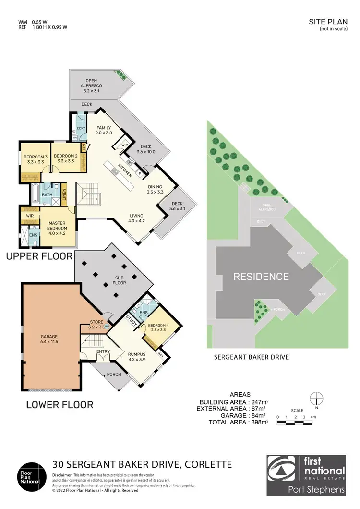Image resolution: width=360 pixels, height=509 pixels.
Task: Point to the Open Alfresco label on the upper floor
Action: point(91,84)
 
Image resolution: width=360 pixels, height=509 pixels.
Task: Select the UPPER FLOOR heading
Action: point(39,256)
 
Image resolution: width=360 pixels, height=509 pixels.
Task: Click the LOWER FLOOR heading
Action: point(59,405)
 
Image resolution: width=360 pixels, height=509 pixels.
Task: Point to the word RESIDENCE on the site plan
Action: point(261,277)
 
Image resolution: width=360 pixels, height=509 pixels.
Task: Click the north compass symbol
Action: point(316,398)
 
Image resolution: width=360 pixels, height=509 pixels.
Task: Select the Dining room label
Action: point(155,189)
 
